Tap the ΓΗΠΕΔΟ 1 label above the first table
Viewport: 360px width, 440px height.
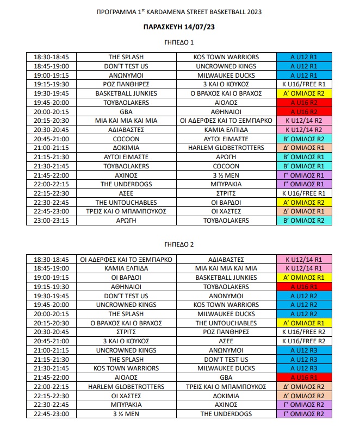click(179, 42)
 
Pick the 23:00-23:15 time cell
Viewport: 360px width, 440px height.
click(54, 221)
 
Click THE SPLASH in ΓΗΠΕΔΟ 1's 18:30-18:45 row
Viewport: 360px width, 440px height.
click(126, 57)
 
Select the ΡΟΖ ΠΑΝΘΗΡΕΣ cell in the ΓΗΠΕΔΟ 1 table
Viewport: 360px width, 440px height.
click(126, 84)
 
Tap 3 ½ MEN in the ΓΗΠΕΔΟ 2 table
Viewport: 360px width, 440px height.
click(126, 414)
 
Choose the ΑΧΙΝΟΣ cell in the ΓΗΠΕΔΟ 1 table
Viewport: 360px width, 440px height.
click(126, 175)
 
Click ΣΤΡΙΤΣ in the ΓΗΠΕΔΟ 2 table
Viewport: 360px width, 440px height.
click(126, 331)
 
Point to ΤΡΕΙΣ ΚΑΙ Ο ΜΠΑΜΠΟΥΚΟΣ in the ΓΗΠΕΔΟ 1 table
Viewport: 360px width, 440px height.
click(126, 211)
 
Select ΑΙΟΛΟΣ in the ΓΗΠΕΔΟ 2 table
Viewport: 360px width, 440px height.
click(126, 377)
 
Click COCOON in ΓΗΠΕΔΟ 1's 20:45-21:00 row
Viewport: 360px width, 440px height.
click(126, 139)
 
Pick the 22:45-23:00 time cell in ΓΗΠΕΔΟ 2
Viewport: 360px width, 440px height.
click(54, 414)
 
